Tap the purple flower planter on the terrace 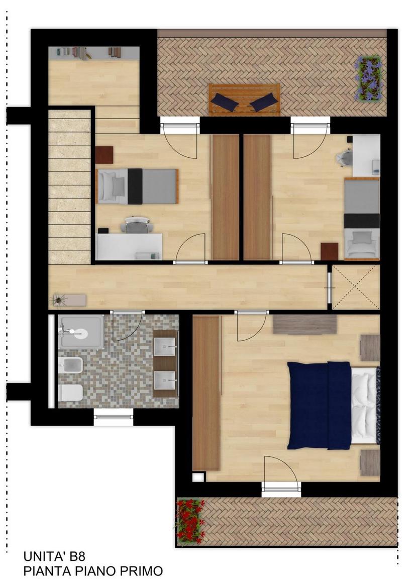coord(368,78)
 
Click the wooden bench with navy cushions coord(244,100)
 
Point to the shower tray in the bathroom coord(81,332)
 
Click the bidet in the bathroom coord(70,365)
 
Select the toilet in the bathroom coord(70,393)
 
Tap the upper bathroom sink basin coord(165,346)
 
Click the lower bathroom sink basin coord(165,380)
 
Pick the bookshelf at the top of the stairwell coord(94,53)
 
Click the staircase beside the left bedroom coord(69,186)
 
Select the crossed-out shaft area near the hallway coord(356,287)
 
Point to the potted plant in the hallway coord(59,299)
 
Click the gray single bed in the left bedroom coord(137,186)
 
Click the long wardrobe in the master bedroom coord(206,393)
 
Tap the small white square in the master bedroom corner coord(198,477)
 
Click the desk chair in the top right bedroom coord(345,158)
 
